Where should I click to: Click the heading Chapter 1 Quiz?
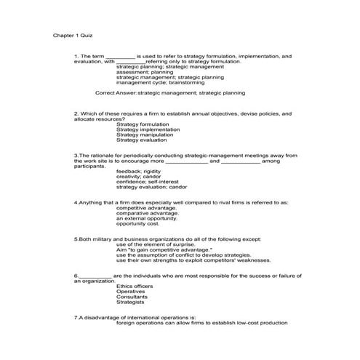click(73, 34)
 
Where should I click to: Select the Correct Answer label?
click(115, 93)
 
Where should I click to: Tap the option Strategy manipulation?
click(142, 135)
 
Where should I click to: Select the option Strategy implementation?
click(144, 129)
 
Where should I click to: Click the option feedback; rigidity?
click(139, 171)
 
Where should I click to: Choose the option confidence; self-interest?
click(147, 181)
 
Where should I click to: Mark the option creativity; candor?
click(138, 176)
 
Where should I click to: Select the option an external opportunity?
click(146, 217)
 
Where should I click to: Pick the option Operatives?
click(131, 291)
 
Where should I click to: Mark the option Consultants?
click(132, 296)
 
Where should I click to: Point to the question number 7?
click(76, 318)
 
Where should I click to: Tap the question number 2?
click(76, 114)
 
